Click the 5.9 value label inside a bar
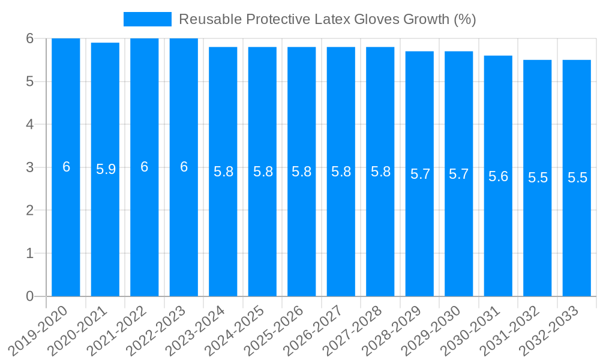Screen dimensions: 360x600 pyautogui.click(x=106, y=169)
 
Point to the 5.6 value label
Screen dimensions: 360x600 pyautogui.click(x=498, y=176)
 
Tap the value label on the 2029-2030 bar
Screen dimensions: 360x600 pyautogui.click(x=458, y=174)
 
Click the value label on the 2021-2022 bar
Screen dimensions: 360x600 pyautogui.click(x=145, y=167)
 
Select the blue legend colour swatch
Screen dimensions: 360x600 pyautogui.click(x=148, y=19)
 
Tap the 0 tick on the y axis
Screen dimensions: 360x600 pyautogui.click(x=30, y=296)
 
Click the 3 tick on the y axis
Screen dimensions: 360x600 pyautogui.click(x=30, y=167)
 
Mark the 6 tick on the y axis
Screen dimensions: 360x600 pyautogui.click(x=30, y=38)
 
